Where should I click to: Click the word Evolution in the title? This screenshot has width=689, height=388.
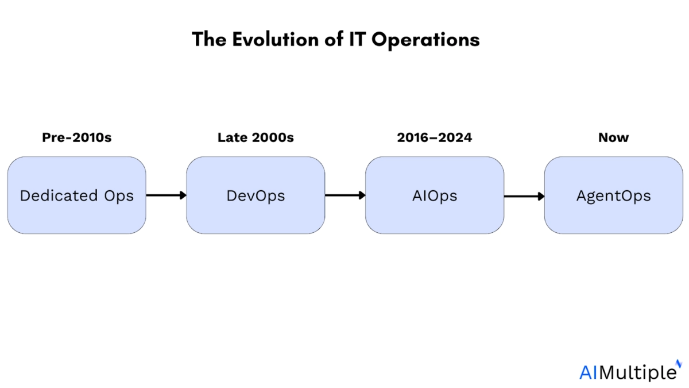pyautogui.click(x=275, y=40)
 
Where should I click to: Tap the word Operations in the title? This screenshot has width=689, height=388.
pyautogui.click(x=425, y=40)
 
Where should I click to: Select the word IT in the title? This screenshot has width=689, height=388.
pyautogui.click(x=357, y=40)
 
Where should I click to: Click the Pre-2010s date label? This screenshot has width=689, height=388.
pyautogui.click(x=76, y=137)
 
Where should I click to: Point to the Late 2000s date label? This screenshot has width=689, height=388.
pyautogui.click(x=256, y=137)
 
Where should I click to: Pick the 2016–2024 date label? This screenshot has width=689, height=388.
pyautogui.click(x=434, y=137)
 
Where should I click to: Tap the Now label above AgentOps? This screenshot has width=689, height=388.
pyautogui.click(x=613, y=137)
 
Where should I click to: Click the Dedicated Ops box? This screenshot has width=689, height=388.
pyautogui.click(x=76, y=195)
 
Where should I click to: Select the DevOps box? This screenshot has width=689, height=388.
pyautogui.click(x=256, y=195)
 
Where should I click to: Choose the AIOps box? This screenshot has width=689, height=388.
pyautogui.click(x=435, y=195)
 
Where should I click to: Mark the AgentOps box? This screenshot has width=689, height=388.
pyautogui.click(x=614, y=195)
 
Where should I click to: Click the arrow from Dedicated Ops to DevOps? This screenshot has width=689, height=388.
pyautogui.click(x=166, y=195)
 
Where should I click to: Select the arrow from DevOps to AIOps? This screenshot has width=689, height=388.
pyautogui.click(x=345, y=195)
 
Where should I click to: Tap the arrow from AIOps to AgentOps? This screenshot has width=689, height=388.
pyautogui.click(x=524, y=196)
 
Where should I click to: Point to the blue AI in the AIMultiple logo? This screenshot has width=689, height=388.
pyautogui.click(x=588, y=372)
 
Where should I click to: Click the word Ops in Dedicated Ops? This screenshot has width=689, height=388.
pyautogui.click(x=119, y=197)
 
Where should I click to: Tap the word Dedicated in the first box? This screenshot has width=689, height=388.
pyautogui.click(x=59, y=195)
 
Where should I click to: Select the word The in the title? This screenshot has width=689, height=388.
pyautogui.click(x=209, y=40)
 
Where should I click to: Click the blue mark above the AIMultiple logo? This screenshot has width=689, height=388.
pyautogui.click(x=679, y=363)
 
